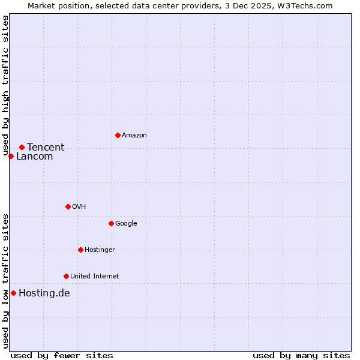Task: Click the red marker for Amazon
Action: (118, 135)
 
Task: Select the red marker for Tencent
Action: (22, 147)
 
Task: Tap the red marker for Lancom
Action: (11, 156)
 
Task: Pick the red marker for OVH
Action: (68, 206)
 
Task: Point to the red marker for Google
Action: (111, 223)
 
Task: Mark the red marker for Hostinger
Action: (80, 250)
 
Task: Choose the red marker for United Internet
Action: (66, 276)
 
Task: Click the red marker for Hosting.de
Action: (13, 293)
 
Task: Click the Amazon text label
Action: (134, 136)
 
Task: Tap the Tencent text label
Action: (46, 148)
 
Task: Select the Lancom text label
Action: (34, 157)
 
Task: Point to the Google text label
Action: (126, 224)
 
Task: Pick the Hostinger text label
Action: (100, 250)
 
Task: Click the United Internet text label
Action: (94, 277)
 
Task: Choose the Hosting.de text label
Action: (44, 293)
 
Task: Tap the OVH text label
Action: (79, 207)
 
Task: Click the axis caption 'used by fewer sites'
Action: (62, 355)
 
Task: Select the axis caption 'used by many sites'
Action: (301, 355)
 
